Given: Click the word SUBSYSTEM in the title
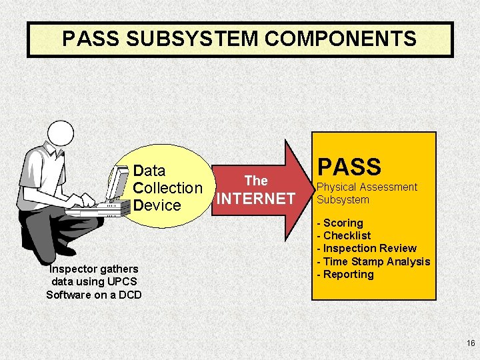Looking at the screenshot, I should click(194, 39).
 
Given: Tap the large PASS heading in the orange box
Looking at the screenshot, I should click(349, 167).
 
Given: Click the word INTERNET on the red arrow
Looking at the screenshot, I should click(256, 199).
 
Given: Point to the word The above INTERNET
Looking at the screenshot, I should click(256, 181).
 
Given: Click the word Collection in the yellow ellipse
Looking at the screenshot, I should click(167, 188).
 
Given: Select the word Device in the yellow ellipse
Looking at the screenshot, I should click(157, 205).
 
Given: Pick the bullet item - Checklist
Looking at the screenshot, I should click(343, 235).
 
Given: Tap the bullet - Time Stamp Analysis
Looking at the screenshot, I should click(373, 261).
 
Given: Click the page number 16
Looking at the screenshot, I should click(471, 343).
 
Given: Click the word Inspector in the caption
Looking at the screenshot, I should click(73, 269).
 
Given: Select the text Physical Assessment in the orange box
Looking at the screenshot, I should click(367, 187).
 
